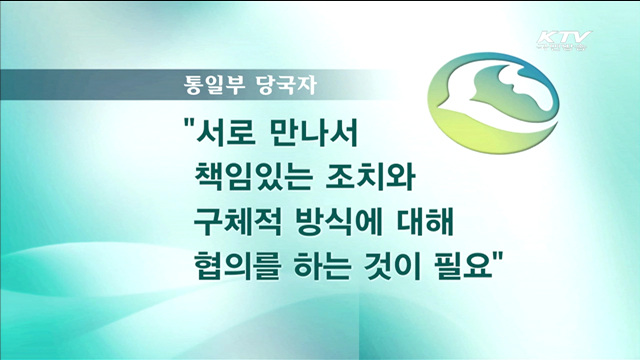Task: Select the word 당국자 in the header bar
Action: (x=263, y=84)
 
